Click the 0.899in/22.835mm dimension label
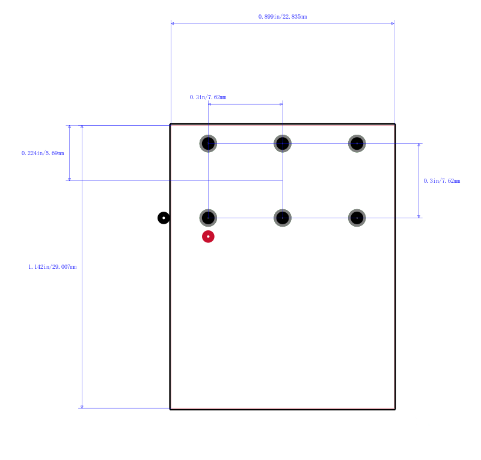click(x=283, y=17)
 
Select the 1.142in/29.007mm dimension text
click(x=52, y=266)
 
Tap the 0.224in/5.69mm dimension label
click(x=43, y=153)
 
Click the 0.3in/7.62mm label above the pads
click(x=208, y=97)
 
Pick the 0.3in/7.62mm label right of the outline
click(x=442, y=181)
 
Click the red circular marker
click(x=208, y=236)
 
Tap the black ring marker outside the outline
click(x=164, y=218)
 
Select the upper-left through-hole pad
click(x=208, y=143)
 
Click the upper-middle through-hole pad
click(x=283, y=143)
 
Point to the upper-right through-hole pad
click(x=357, y=143)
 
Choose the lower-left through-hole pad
click(x=208, y=218)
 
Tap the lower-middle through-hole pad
click(x=283, y=218)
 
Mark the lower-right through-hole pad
click(x=357, y=218)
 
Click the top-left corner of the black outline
click(x=170, y=124)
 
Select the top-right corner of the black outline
click(x=395, y=124)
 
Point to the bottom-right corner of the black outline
click(x=395, y=409)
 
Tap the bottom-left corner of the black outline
click(x=170, y=409)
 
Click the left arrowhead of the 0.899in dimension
click(x=173, y=23)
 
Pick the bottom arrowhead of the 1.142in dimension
click(x=82, y=406)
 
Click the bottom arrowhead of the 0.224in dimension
click(x=70, y=179)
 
